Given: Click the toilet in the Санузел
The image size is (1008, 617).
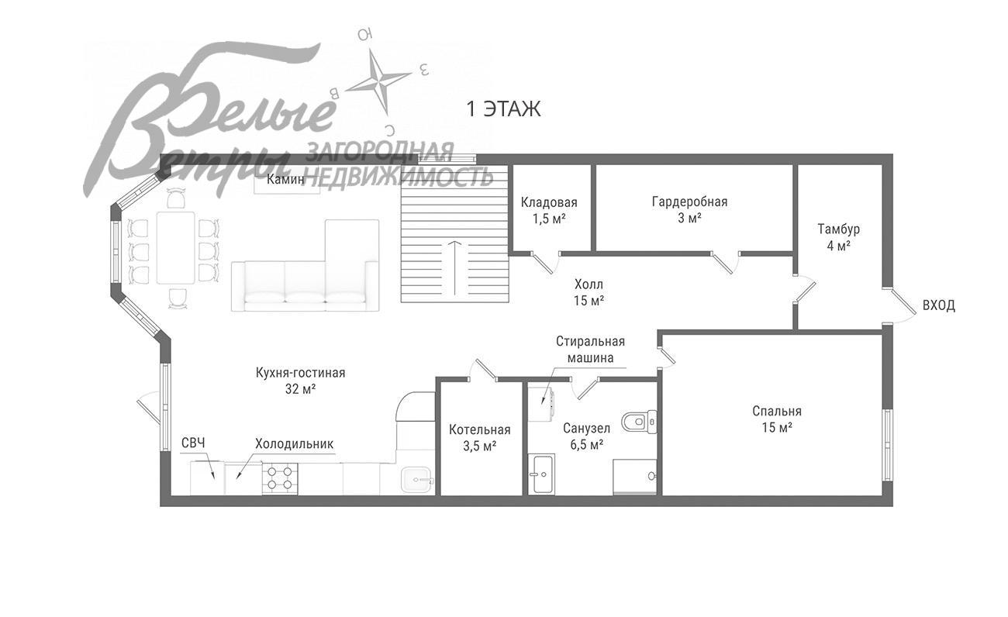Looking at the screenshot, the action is tap(639, 422).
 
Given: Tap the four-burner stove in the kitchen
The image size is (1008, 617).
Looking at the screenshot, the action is tap(279, 478).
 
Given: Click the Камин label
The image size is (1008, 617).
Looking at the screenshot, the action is tap(285, 179).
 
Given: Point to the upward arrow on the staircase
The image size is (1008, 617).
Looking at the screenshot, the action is tap(456, 268).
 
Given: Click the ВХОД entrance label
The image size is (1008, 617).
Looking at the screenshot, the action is tap(939, 306).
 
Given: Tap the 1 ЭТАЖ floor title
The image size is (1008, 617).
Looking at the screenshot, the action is tap(503, 110).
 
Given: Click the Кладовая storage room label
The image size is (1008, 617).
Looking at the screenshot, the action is tap(549, 211).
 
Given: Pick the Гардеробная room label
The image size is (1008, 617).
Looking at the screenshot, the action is tap(689, 209).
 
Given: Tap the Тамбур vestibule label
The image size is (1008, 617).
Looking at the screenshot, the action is tap(838, 237).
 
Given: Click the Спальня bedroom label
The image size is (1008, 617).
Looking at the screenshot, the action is tap(777, 419).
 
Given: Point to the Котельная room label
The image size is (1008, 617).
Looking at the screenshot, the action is tap(480, 438).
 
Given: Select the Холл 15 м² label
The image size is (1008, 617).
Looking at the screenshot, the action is tap(589, 292).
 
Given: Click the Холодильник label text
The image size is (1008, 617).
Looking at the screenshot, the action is tap(295, 444).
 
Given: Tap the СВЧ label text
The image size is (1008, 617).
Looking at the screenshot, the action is tap(193, 443).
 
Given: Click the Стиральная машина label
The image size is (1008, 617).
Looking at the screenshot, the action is tap(590, 350).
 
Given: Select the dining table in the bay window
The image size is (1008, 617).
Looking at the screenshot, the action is tap(175, 247).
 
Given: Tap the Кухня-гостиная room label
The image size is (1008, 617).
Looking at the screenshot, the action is tap(300, 381).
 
